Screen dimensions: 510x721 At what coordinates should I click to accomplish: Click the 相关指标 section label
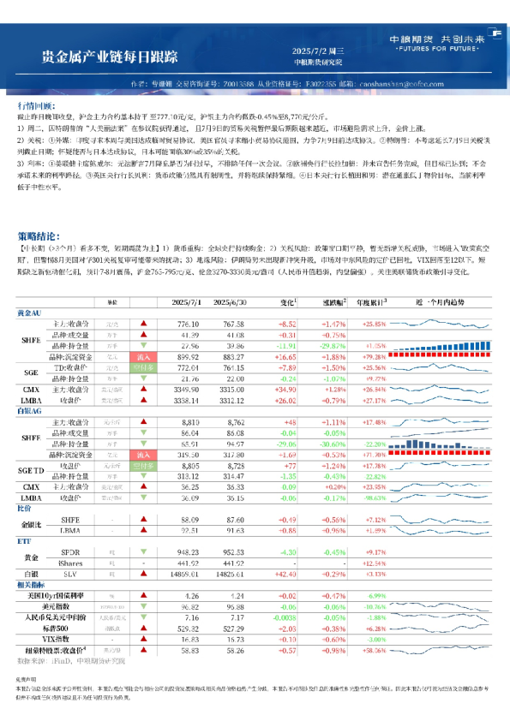click(31, 584)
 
